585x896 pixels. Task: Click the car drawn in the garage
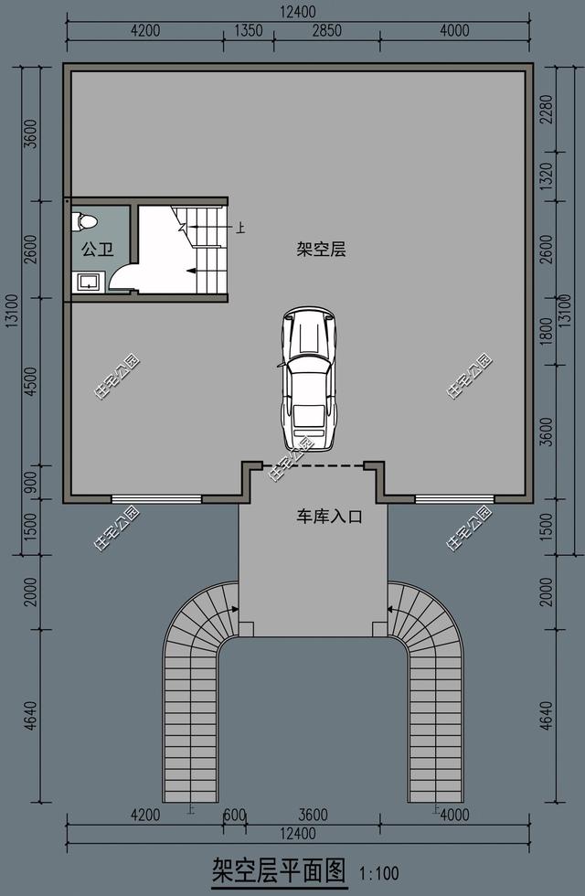point(308,379)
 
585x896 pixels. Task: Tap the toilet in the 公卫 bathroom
point(88,220)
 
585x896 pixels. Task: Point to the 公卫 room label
point(97,249)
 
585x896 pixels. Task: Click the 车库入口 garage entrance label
point(329,517)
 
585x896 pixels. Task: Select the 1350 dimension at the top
point(249,30)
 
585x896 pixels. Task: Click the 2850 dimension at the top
point(326,30)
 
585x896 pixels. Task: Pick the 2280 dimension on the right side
point(547,111)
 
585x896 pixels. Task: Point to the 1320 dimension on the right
point(547,180)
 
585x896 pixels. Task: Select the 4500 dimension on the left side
point(31,382)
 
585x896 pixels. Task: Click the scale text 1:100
point(379,874)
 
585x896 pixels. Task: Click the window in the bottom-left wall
point(155,499)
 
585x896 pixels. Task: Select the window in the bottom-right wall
point(454,499)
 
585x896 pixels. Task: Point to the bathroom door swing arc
point(123,276)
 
